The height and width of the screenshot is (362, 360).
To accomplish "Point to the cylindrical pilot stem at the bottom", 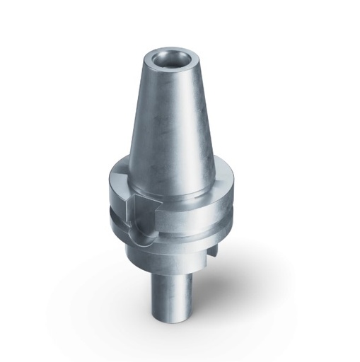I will (x=170, y=297).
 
